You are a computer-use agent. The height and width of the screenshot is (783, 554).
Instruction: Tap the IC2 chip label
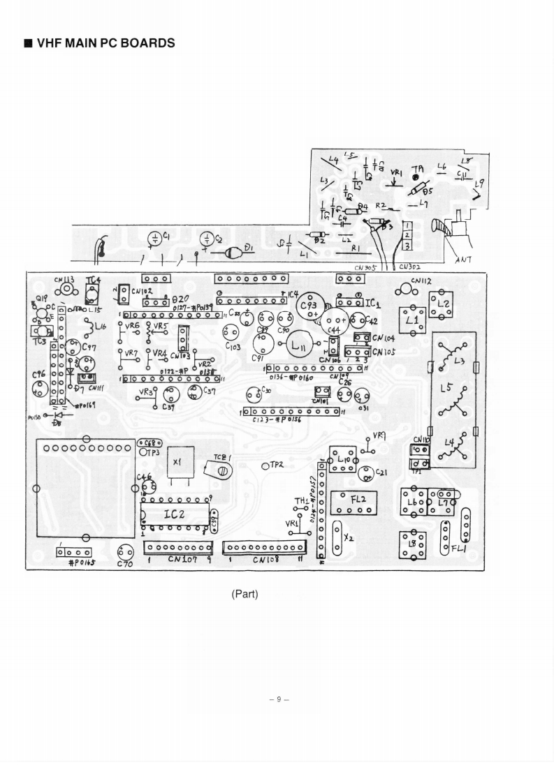click(175, 515)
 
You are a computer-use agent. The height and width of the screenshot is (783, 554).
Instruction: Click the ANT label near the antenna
click(462, 259)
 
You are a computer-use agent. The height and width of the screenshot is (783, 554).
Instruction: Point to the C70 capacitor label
click(125, 564)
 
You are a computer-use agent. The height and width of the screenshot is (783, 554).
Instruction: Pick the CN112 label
click(421, 281)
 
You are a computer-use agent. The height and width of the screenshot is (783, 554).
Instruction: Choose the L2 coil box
click(442, 304)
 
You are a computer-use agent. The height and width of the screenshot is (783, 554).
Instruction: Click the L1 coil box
click(412, 320)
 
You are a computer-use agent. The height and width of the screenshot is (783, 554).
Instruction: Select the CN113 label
click(66, 280)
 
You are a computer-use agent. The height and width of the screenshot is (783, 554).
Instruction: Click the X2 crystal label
click(349, 538)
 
